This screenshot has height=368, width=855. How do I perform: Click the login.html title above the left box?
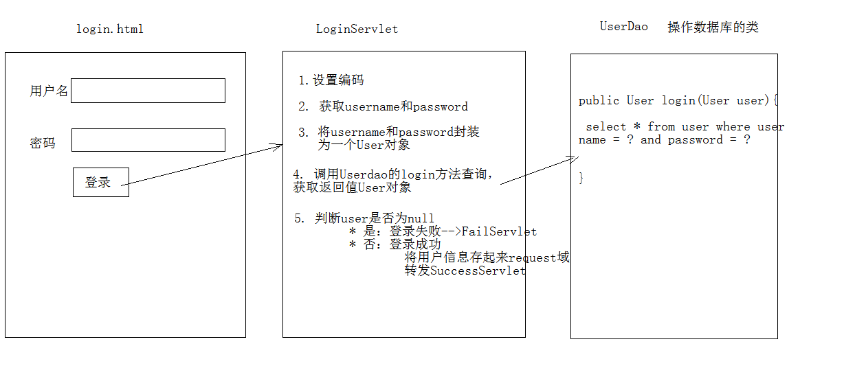click(x=110, y=29)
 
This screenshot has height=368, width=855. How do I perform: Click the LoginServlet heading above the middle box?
click(x=357, y=29)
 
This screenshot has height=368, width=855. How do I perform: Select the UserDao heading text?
click(x=623, y=27)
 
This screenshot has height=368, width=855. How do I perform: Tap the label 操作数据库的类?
click(x=713, y=27)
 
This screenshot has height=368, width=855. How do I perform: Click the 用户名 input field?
click(x=148, y=91)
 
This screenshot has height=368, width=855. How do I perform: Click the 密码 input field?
click(x=148, y=140)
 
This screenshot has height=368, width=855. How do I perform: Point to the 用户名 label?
click(x=49, y=91)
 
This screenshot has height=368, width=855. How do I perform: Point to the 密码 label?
click(x=42, y=143)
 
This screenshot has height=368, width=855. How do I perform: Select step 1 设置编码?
click(x=331, y=80)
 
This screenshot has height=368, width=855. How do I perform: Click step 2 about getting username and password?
click(x=383, y=106)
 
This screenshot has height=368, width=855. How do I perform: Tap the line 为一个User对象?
click(x=364, y=145)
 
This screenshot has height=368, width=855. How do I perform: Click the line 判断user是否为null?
click(x=364, y=219)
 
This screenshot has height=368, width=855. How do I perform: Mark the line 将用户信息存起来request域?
click(x=487, y=257)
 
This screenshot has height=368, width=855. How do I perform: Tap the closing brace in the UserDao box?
click(x=581, y=178)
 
